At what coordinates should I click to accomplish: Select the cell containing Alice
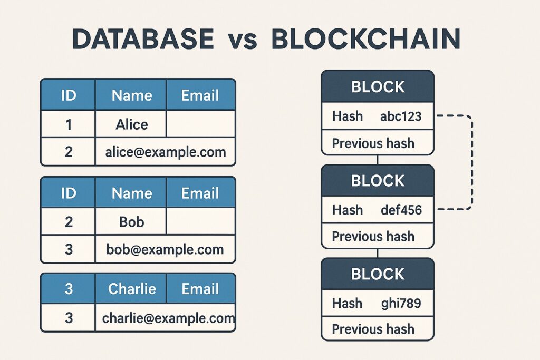click(131, 124)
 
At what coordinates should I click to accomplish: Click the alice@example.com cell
click(165, 152)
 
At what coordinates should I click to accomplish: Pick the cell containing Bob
click(131, 221)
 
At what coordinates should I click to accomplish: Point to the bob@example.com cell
click(165, 249)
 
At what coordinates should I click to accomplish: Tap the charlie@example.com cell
click(165, 318)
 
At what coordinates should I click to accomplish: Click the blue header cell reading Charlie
click(131, 289)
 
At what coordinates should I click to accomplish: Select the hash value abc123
click(401, 116)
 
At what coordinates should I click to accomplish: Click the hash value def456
click(401, 210)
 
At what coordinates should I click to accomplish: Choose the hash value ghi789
click(401, 303)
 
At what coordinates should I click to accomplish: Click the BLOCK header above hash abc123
click(378, 87)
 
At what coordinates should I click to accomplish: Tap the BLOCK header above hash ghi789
click(378, 274)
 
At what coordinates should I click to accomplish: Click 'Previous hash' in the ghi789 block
click(373, 329)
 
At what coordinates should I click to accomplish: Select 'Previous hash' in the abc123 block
click(373, 143)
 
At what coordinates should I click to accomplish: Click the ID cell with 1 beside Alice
click(68, 124)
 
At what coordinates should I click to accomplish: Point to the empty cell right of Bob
click(200, 221)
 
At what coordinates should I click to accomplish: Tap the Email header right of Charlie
click(200, 289)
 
